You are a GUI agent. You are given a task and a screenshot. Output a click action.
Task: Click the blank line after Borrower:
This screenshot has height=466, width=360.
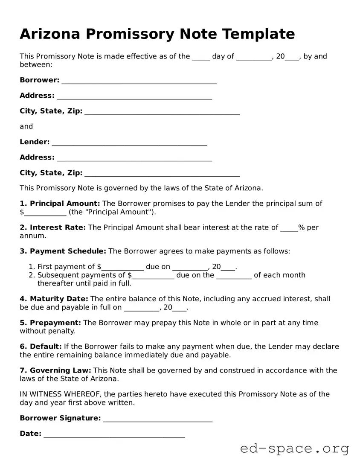[139, 81]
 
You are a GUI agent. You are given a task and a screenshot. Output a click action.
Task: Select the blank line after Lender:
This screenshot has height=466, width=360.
[129, 143]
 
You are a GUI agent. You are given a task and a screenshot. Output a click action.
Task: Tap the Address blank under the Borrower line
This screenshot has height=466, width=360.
[134, 96]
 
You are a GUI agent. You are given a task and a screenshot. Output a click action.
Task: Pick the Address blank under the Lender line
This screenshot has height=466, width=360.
[134, 158]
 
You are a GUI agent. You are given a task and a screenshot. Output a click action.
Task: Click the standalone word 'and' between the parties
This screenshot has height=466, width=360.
[26, 127]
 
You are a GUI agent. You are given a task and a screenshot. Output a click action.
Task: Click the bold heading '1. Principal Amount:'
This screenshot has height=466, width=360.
[60, 204]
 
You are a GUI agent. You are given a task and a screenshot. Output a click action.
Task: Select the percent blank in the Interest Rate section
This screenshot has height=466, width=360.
[289, 228]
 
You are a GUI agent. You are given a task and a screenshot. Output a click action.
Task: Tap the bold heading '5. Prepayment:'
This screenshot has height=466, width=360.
[50, 323]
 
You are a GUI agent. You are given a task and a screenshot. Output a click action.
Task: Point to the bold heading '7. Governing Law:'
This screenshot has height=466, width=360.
[55, 371]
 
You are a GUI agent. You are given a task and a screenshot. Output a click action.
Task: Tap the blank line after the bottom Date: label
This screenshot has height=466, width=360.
[114, 435]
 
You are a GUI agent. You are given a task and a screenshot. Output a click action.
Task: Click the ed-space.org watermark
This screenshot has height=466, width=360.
[294, 449]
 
